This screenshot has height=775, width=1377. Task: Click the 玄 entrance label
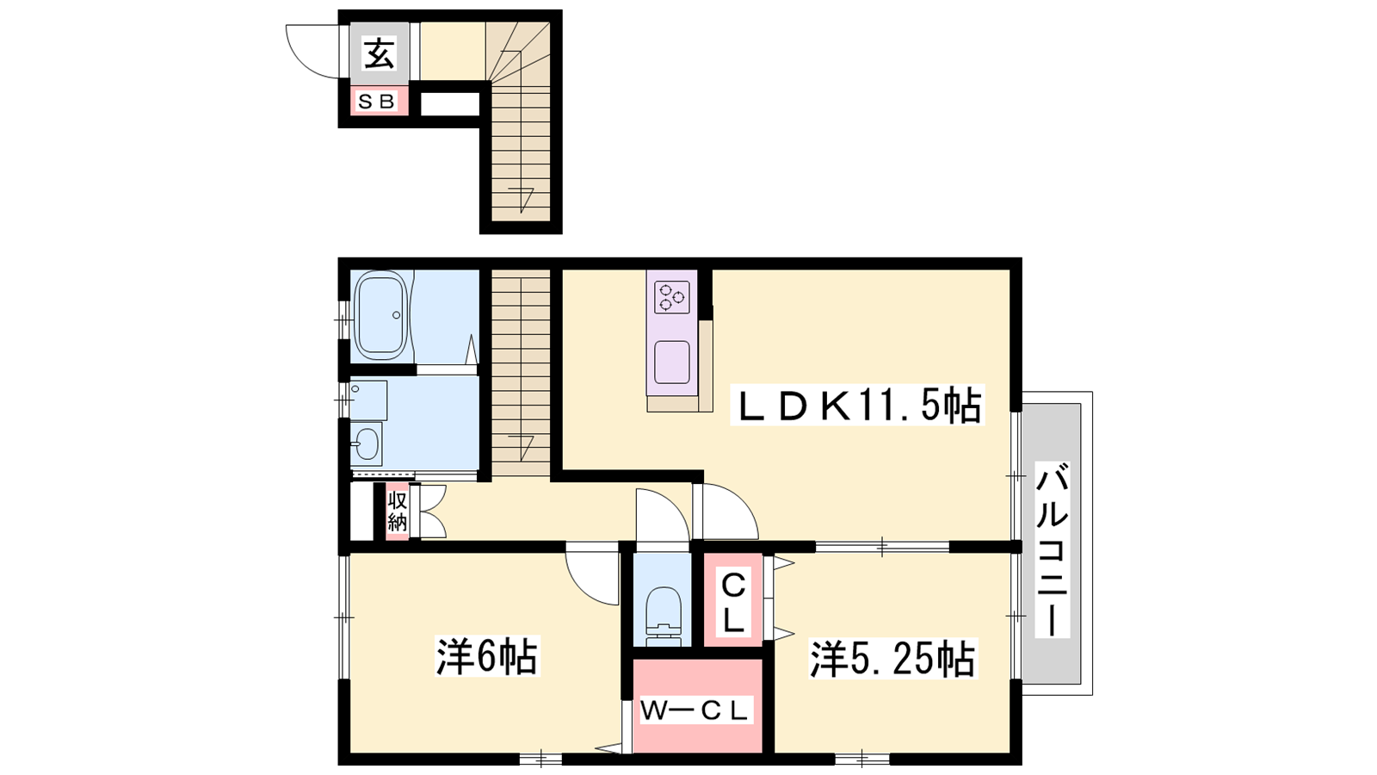(x=380, y=53)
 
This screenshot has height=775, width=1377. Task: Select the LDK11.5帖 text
(x=857, y=405)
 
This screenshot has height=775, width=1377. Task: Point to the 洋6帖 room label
(x=487, y=655)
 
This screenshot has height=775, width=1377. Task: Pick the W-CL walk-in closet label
(x=695, y=710)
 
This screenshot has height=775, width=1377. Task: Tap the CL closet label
(x=732, y=603)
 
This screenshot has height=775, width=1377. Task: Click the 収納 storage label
(x=397, y=512)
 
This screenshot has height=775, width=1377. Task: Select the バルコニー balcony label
(x=1053, y=549)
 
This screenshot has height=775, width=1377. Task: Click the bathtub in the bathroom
(x=381, y=316)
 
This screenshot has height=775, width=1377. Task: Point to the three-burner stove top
(x=672, y=297)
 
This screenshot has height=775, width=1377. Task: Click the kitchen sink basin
(x=672, y=363)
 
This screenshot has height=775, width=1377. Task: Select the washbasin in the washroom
(x=367, y=443)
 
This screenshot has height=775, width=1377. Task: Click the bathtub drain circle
(x=396, y=315)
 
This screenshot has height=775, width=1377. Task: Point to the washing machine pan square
(x=369, y=400)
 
